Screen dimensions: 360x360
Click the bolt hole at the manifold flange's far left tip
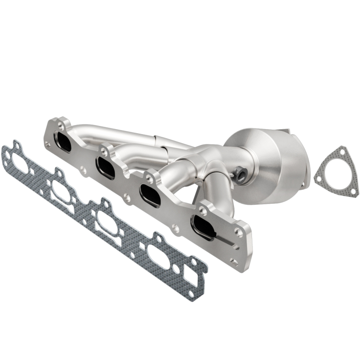(x=48, y=144)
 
